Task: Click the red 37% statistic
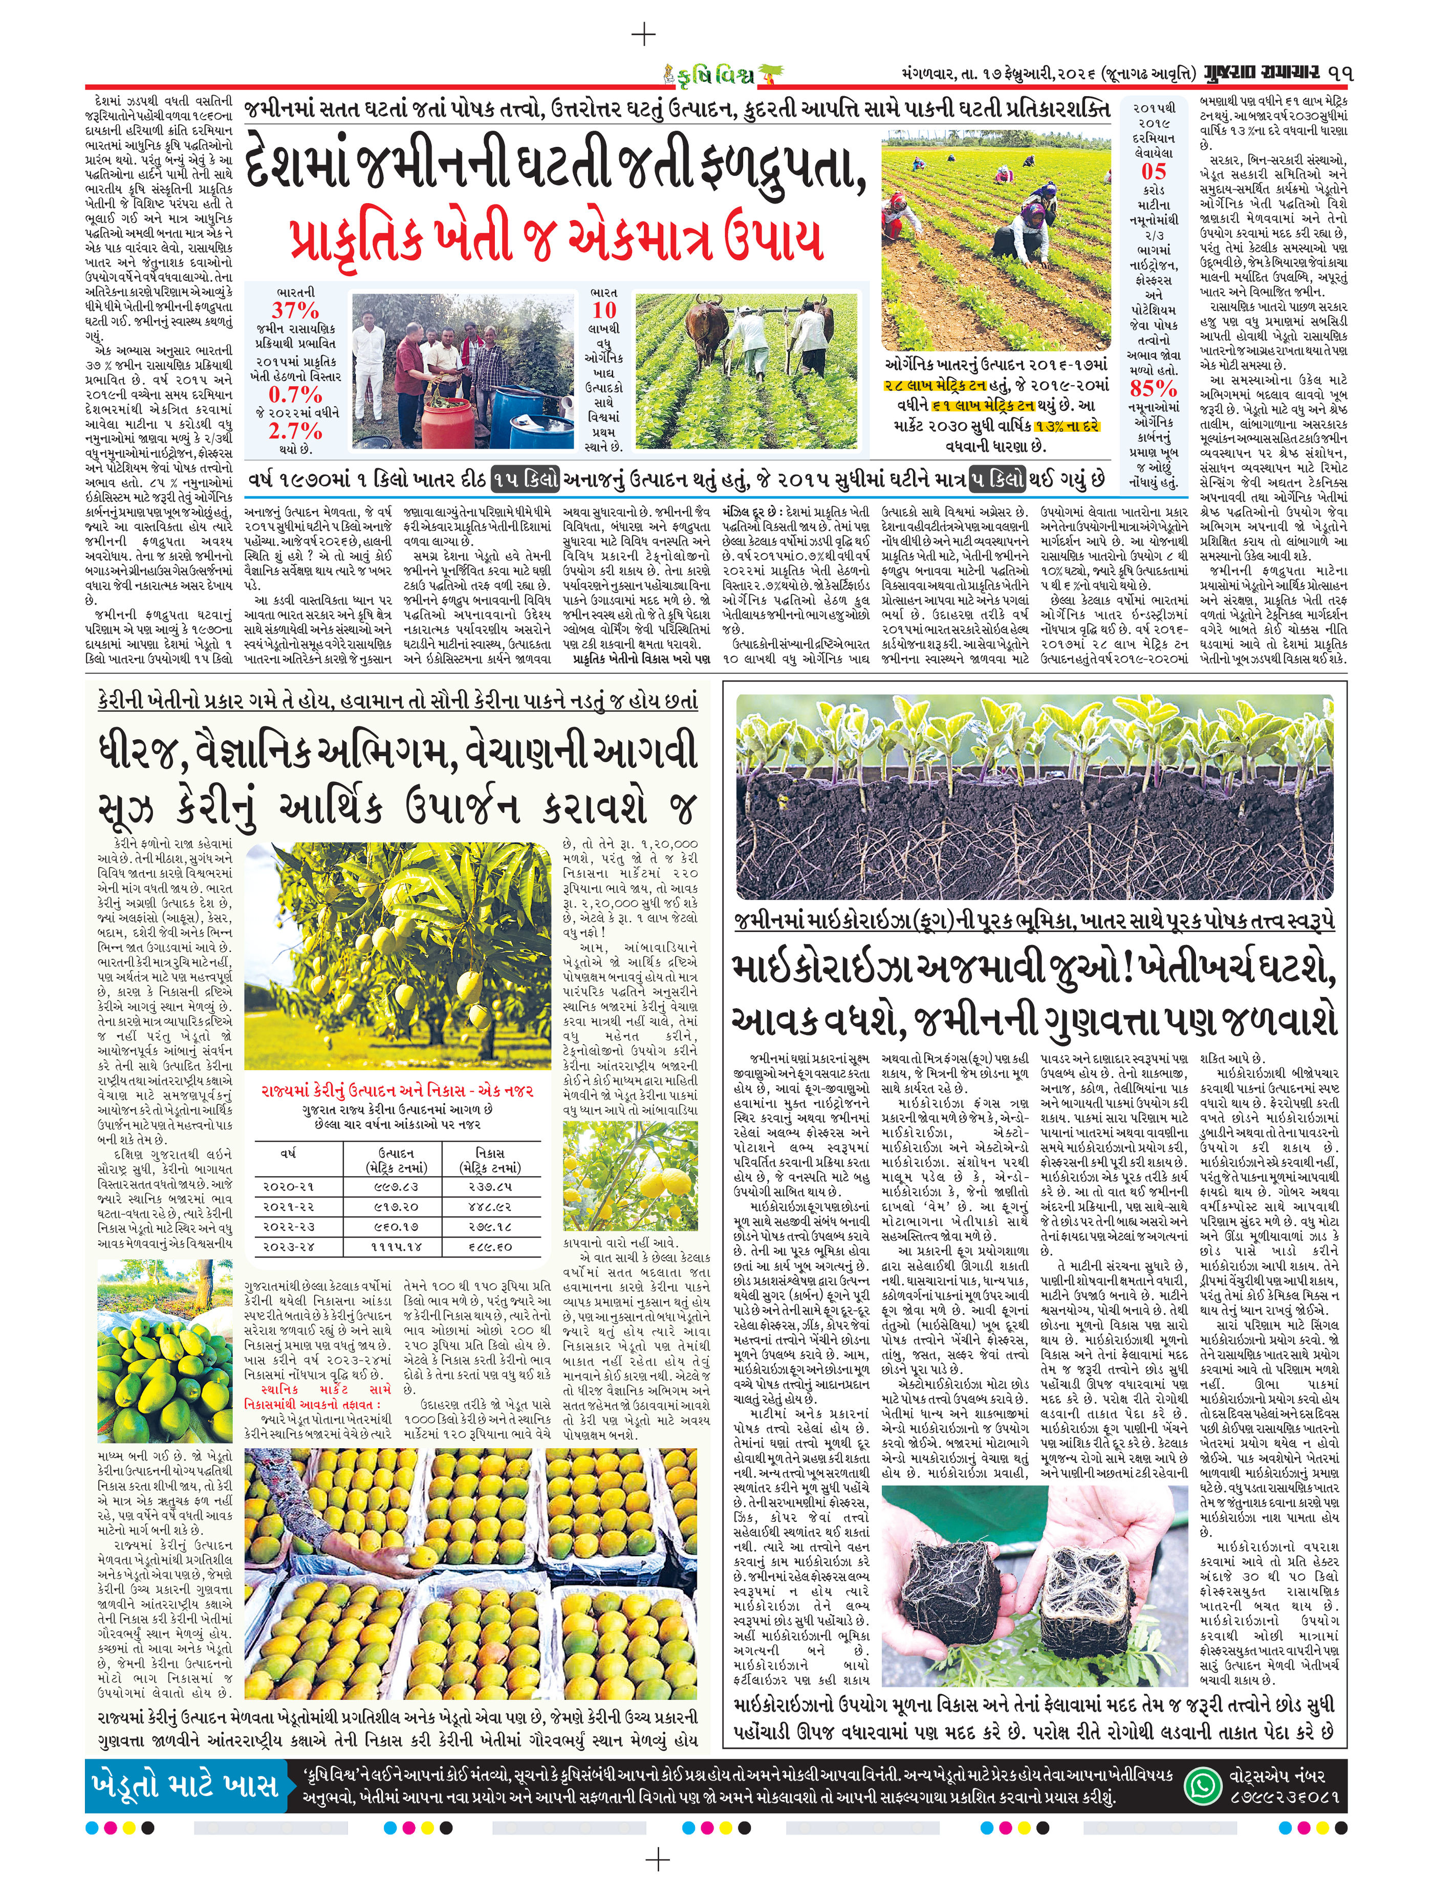(295, 311)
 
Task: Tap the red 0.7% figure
(295, 395)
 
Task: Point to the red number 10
(604, 311)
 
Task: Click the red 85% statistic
(1153, 388)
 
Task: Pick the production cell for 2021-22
(396, 1207)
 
